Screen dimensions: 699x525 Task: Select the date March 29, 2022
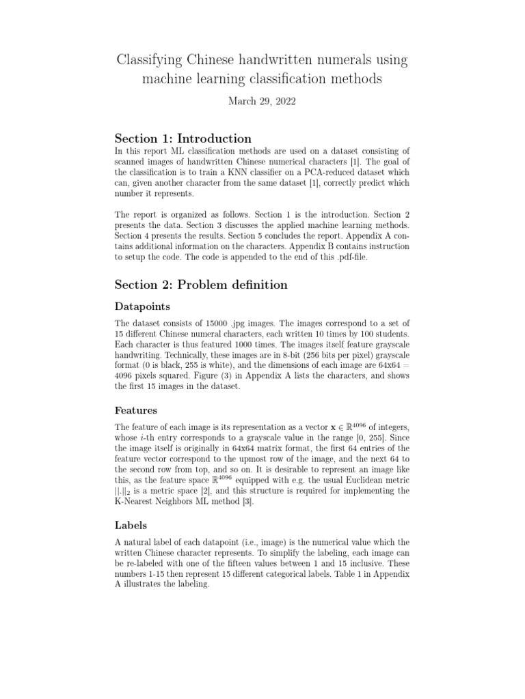tap(262, 100)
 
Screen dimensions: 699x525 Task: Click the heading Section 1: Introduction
tap(183, 139)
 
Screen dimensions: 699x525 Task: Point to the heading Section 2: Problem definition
tap(201, 284)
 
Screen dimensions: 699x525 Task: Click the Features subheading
tap(136, 410)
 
